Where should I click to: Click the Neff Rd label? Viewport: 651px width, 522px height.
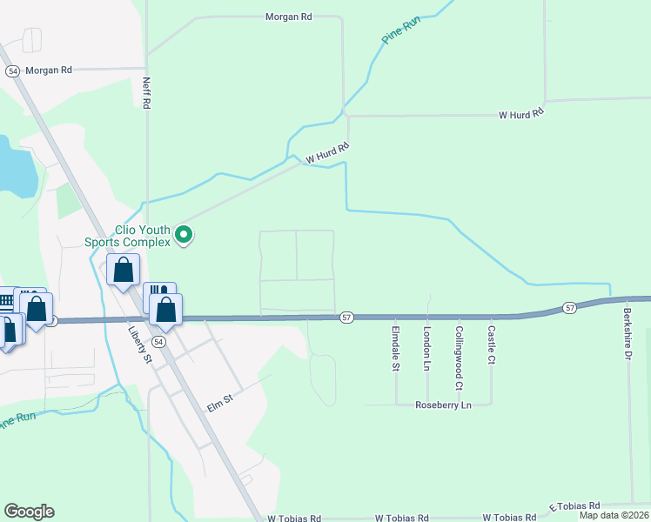pos(147,92)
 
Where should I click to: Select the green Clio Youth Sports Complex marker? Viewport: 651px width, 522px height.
pos(184,235)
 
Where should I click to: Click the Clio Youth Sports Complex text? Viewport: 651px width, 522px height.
pos(126,236)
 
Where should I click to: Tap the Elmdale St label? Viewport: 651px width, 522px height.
pos(395,348)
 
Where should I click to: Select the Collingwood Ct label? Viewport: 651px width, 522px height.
pos(459,357)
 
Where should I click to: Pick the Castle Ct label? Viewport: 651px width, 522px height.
pos(491,345)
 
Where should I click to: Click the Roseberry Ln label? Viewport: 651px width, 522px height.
pos(443,405)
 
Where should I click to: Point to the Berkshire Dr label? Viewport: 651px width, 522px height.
pos(626,331)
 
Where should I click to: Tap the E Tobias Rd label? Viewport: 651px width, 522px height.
pos(574,506)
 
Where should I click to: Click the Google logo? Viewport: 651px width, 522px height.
pos(29,512)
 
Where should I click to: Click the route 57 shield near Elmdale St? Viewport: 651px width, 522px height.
pos(346,318)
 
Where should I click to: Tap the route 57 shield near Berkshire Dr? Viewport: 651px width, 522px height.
pos(569,308)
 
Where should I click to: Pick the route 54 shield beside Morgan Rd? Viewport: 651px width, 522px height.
pos(12,71)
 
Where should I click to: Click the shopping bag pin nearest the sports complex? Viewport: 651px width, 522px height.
pos(124,269)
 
